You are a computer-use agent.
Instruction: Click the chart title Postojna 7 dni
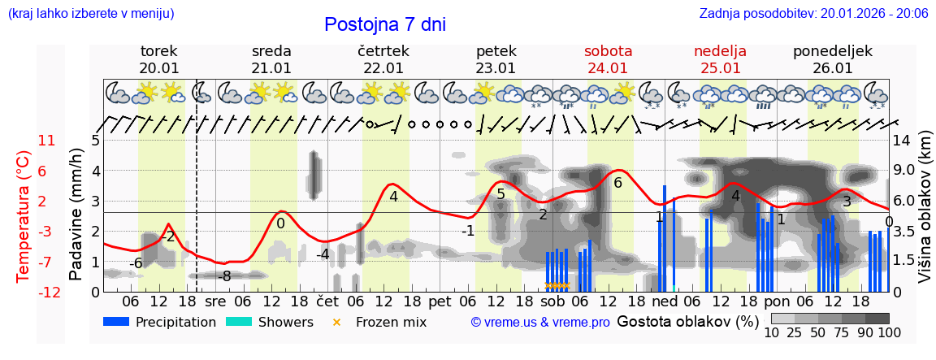click(385, 24)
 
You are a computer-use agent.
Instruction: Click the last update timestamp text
click(813, 13)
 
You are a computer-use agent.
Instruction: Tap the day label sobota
click(608, 51)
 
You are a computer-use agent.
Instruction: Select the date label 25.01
click(720, 68)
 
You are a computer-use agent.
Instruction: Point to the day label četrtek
click(383, 51)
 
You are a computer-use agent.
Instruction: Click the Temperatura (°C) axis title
click(23, 216)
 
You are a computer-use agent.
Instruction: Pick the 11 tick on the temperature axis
click(46, 141)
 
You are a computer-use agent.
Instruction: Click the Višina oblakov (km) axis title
click(924, 216)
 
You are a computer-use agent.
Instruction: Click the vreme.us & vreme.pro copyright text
click(540, 322)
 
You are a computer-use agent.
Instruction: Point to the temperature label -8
click(225, 276)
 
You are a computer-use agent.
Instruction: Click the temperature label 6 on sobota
click(617, 183)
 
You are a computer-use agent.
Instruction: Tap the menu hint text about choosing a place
click(90, 13)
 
